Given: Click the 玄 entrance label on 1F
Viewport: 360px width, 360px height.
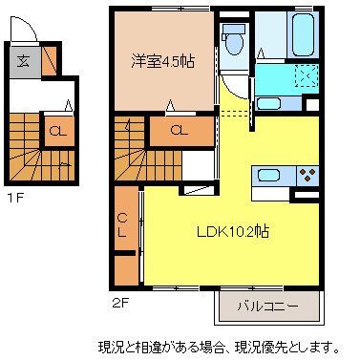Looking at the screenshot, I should pos(23,61).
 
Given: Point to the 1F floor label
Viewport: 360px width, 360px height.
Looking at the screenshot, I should pos(15,199).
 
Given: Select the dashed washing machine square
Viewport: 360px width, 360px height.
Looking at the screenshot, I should pos(305,76).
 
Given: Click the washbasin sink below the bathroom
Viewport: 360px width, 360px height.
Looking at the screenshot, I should pos(268,103).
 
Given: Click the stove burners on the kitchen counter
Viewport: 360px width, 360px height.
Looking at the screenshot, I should pos(307,175).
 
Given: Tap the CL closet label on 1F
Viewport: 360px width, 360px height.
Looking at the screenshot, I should pos(58,130).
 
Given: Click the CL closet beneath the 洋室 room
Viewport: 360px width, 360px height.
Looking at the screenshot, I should pos(179,130).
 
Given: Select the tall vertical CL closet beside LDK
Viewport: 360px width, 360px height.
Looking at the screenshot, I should pos(124,227).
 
